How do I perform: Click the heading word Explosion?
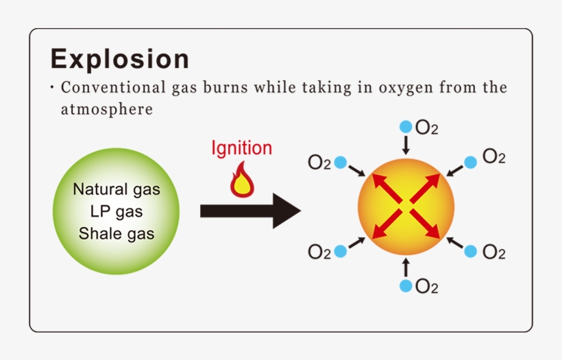click(119, 60)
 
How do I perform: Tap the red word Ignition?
click(241, 148)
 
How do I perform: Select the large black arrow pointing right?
click(250, 211)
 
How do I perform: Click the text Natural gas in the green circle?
click(117, 189)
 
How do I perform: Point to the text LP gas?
click(117, 211)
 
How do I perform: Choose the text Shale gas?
click(117, 233)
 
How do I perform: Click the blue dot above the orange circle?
click(406, 127)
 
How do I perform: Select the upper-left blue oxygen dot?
click(341, 163)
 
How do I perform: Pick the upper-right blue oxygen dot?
click(470, 163)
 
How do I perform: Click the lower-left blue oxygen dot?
click(341, 251)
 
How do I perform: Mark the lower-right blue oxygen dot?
click(470, 251)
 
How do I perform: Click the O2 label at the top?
click(427, 128)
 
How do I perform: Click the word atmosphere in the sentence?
click(106, 109)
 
